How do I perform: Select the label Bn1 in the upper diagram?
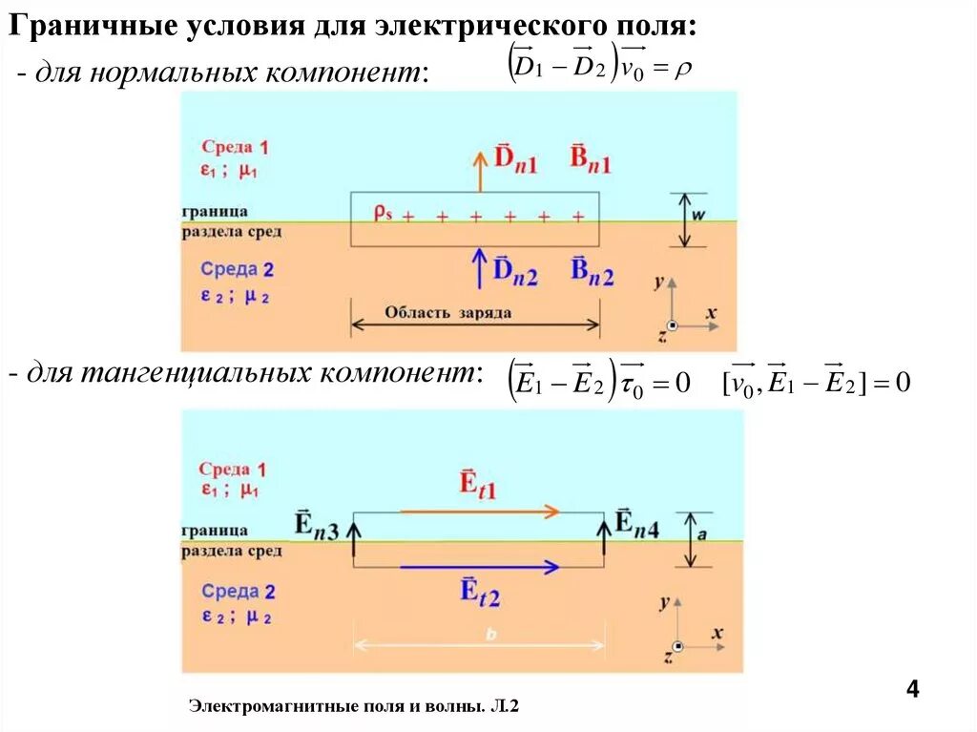pyautogui.click(x=591, y=159)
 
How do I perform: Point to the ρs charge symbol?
pyautogui.click(x=382, y=213)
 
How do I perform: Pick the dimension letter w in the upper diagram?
pyautogui.click(x=697, y=216)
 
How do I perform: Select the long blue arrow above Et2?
pyautogui.click(x=478, y=567)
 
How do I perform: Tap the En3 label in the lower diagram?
pyautogui.click(x=316, y=524)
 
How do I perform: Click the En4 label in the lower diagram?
pyautogui.click(x=636, y=523)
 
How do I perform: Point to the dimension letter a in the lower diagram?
pyautogui.click(x=701, y=536)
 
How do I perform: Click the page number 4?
pyautogui.click(x=912, y=690)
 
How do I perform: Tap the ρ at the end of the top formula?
pyautogui.click(x=682, y=70)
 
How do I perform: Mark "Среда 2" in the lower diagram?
pyautogui.click(x=238, y=592)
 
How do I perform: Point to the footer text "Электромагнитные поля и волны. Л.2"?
pyautogui.click(x=353, y=706)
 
